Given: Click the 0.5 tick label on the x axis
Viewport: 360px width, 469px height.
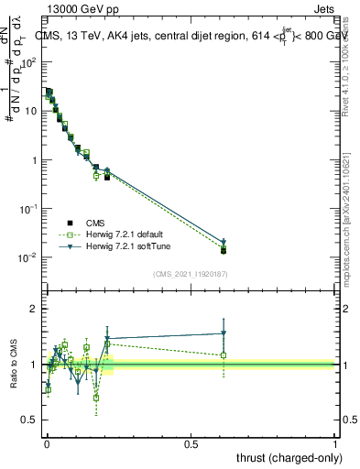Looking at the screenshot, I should click(x=191, y=442).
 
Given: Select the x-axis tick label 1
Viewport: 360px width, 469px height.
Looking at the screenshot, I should click(x=335, y=442).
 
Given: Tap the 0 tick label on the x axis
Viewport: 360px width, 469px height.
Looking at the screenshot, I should click(x=47, y=442).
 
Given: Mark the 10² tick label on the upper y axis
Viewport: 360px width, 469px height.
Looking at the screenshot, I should click(x=30, y=62).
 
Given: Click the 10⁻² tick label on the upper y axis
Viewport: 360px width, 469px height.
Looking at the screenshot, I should click(x=30, y=257).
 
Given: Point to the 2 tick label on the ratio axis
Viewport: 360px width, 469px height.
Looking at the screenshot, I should click(x=34, y=309).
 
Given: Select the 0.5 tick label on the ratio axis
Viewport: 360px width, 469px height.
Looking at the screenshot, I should click(x=30, y=420).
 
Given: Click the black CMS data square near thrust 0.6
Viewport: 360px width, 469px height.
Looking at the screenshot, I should click(x=224, y=250).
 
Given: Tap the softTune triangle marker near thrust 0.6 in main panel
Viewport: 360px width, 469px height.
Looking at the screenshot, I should click(x=224, y=242).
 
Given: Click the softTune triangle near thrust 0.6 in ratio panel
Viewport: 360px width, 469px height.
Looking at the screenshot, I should click(x=224, y=333).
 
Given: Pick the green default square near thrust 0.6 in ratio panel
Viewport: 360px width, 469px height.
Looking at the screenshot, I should click(x=224, y=355).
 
